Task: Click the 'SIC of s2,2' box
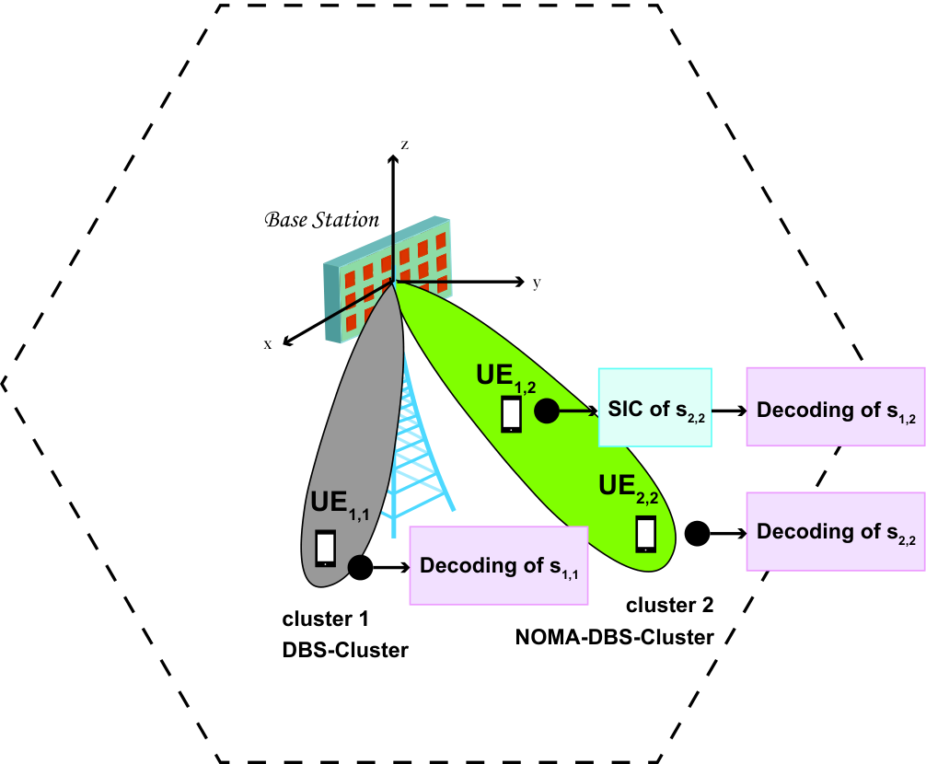pos(655,408)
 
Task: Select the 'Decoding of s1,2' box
pos(836,407)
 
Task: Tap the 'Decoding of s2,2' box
pos(836,531)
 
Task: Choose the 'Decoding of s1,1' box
pos(499,565)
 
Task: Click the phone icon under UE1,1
pos(326,549)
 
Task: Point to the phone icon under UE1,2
pos(511,414)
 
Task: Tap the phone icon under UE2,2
pos(645,534)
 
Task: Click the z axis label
pos(404,145)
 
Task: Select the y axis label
pos(537,284)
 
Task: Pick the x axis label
pos(268,344)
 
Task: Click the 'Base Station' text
pos(322,220)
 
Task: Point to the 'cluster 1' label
pos(326,619)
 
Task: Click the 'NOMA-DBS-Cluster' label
pos(614,637)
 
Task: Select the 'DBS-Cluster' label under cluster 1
pos(345,650)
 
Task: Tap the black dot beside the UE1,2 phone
pos(547,411)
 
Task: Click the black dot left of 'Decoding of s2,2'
pos(697,534)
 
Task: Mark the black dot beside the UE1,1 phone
pos(360,567)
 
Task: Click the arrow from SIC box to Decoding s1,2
pos(729,411)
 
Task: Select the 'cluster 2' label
pos(670,605)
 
